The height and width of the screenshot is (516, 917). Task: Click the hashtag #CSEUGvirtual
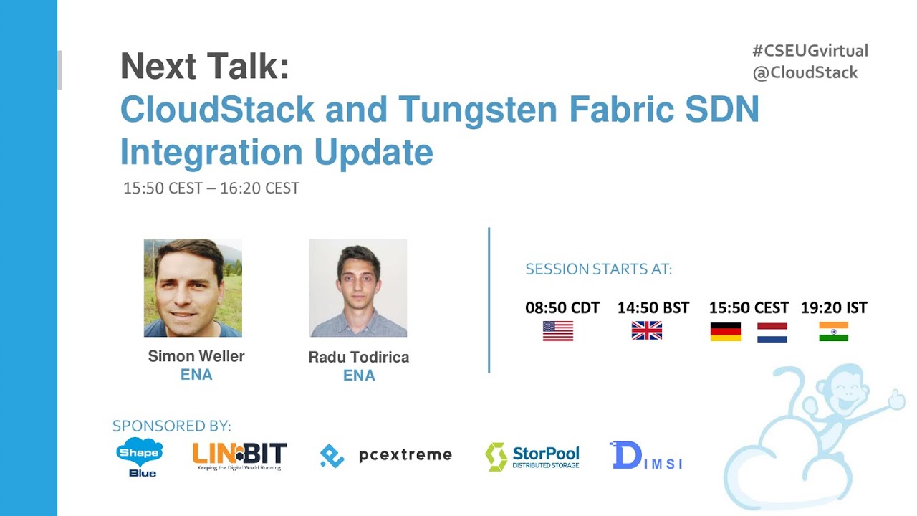point(810,51)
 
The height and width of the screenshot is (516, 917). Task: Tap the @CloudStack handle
point(805,72)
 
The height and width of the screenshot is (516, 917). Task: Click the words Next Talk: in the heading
point(205,67)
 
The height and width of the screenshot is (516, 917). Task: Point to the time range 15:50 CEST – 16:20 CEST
point(211,188)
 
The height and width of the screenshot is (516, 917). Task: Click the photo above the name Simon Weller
point(193,288)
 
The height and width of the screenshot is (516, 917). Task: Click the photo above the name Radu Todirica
point(357,288)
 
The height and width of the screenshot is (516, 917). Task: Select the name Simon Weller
point(196,356)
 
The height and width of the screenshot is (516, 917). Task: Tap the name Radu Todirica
point(358,357)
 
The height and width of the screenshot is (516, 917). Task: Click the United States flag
point(557,331)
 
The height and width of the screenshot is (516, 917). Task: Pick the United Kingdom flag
point(646,331)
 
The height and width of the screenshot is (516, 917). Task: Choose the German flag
point(726,332)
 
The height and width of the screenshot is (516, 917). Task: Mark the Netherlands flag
point(772,333)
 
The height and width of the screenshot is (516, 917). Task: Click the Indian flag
point(833,332)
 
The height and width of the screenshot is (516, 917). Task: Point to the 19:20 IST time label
point(833,308)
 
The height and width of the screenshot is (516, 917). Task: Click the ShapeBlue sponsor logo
point(139,457)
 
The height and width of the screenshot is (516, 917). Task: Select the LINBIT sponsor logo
point(239,456)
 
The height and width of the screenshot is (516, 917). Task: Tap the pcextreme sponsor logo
point(385,455)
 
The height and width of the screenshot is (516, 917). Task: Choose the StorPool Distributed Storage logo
point(532,457)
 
